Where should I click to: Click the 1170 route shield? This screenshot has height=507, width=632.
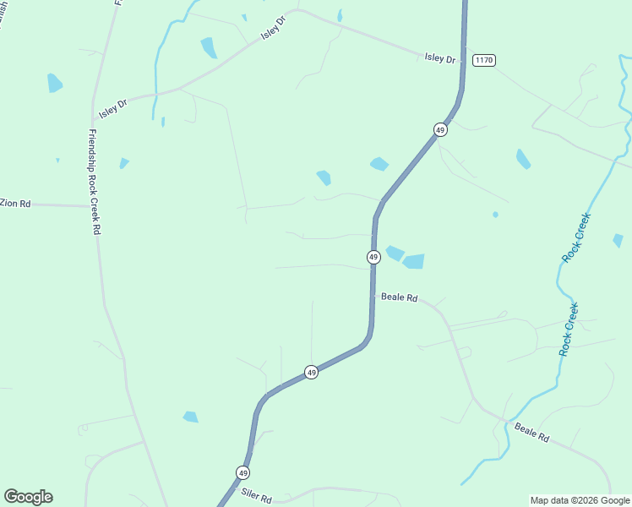pos(484,60)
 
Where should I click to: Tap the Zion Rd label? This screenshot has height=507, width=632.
pos(15,204)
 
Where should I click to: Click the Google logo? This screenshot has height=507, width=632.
pos(28,497)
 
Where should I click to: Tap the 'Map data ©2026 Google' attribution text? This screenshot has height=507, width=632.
pos(580,500)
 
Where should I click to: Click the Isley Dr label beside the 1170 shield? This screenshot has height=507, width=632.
pos(439,58)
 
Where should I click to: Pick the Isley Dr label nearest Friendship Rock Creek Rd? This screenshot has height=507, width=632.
pos(112,106)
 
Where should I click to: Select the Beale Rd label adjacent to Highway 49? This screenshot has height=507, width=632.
pos(400,297)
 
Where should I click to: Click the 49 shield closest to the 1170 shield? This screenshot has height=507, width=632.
pos(440,129)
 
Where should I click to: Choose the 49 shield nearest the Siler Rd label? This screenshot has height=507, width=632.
pos(243,472)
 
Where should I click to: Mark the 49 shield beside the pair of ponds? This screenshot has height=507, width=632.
pos(373,256)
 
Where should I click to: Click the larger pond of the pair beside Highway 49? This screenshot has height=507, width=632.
pos(413,261)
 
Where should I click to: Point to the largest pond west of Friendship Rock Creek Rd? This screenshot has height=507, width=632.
pos(55,83)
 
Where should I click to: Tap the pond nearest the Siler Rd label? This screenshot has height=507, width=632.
pos(191,417)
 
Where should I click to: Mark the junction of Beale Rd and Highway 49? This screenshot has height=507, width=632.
pos(373,294)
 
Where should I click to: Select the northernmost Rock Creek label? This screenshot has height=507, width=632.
pos(576,237)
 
